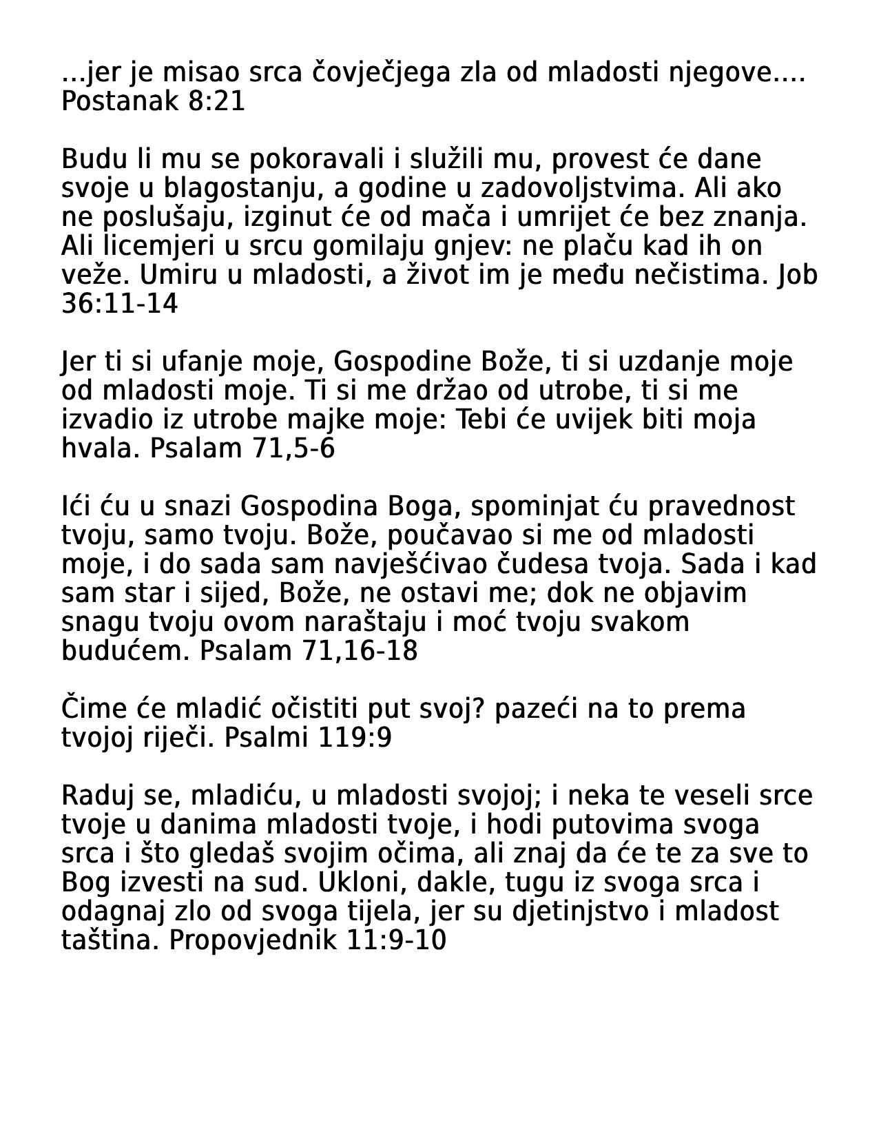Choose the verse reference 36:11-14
point(119,304)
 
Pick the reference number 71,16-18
point(360,651)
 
